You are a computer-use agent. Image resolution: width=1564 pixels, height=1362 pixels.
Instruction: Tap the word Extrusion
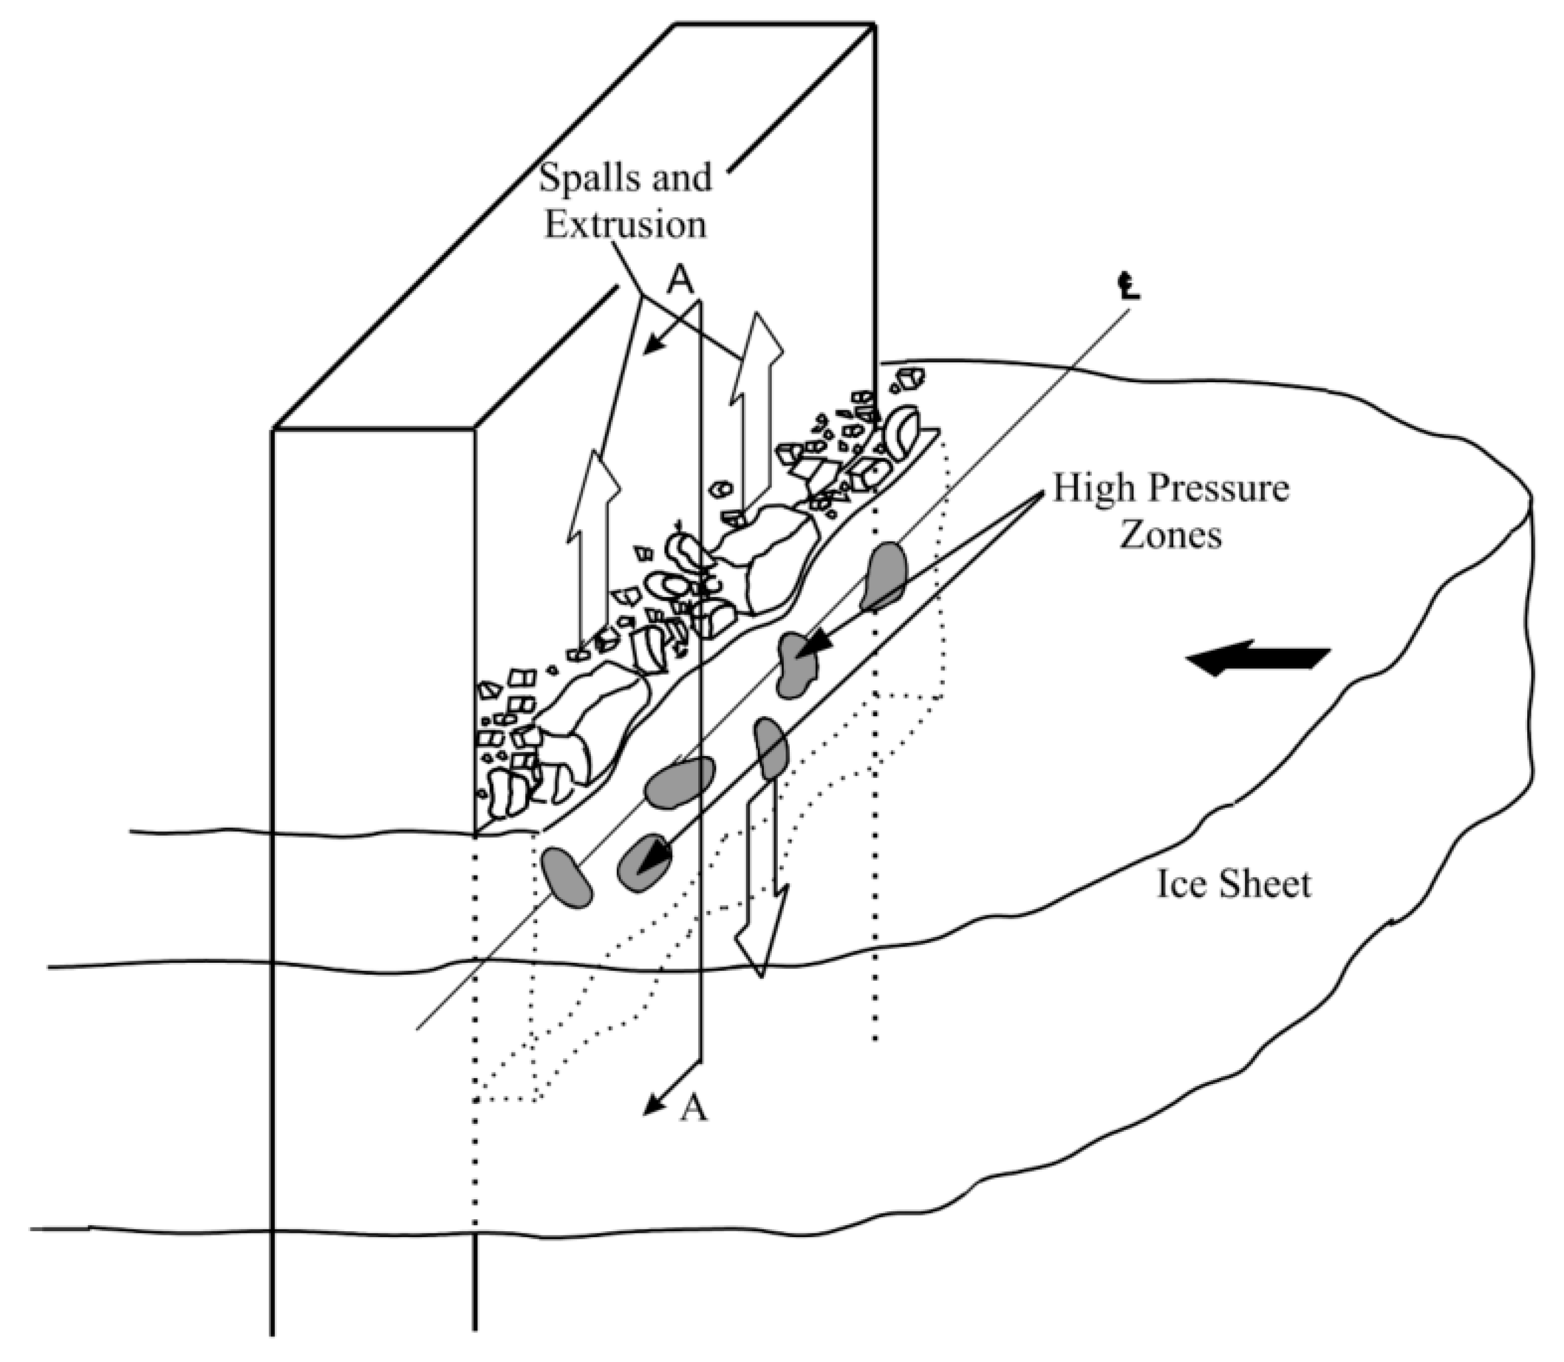[x=625, y=225]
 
